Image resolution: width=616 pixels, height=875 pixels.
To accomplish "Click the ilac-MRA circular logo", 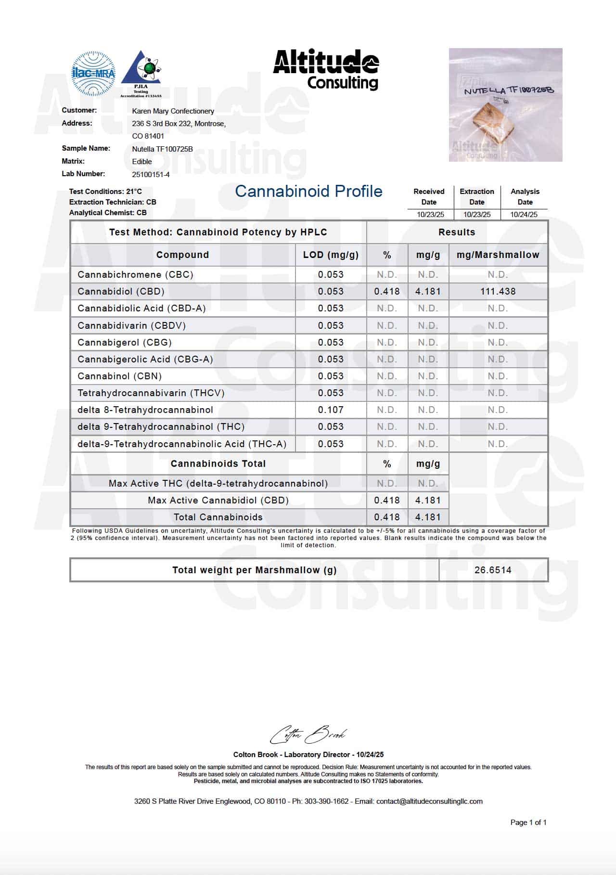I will (93, 74).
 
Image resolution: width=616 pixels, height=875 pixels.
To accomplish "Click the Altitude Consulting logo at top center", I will (326, 70).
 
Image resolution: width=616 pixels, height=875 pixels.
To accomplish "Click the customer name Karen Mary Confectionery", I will (173, 111).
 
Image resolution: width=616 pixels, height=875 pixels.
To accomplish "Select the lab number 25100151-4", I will (151, 174).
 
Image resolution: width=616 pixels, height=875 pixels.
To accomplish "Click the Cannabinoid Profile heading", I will (308, 192).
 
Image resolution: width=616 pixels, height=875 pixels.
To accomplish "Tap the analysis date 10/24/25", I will (524, 214).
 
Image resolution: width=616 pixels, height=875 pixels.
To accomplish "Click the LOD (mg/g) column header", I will (331, 255).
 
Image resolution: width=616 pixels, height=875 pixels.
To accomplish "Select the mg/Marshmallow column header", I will (498, 255).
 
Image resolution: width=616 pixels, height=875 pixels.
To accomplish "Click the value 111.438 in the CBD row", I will (498, 291).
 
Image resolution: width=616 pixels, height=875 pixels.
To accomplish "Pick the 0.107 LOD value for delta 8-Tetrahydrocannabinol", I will (331, 410).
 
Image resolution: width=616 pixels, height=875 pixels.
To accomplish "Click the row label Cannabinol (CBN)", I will (119, 376).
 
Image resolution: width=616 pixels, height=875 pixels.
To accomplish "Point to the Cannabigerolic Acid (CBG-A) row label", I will (145, 359).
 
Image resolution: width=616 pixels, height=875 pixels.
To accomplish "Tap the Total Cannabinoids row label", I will (218, 517).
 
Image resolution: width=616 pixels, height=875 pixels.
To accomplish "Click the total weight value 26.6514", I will (493, 570).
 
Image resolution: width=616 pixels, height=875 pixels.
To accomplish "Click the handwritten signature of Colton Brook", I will (308, 735).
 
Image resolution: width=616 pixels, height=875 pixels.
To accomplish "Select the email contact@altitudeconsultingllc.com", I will (429, 801).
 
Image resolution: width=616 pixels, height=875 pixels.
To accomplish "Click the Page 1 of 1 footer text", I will (528, 823).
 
